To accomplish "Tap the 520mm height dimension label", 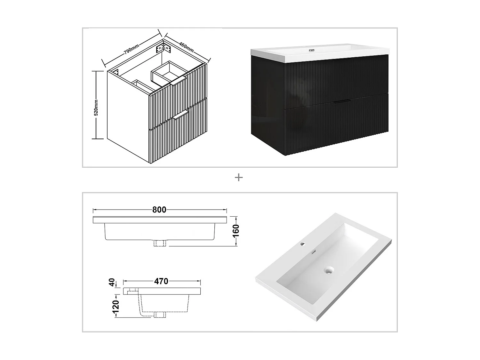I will click(x=96, y=107).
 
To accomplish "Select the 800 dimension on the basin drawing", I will click(x=159, y=210).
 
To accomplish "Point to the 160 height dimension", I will click(x=236, y=231).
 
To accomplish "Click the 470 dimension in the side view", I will click(x=161, y=281).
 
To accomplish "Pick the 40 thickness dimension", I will click(x=112, y=283).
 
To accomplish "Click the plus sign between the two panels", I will click(x=239, y=178).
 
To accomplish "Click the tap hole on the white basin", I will click(x=302, y=245).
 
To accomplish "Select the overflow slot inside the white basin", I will click(x=314, y=252).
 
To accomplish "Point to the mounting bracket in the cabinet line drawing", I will click(x=163, y=49).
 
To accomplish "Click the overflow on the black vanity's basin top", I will click(x=312, y=51).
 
